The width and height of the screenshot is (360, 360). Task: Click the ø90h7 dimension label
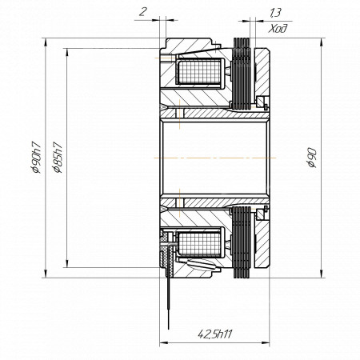(x=36, y=158)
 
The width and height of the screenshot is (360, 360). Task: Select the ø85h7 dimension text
(x=58, y=158)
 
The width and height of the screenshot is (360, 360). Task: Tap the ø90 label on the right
(x=312, y=158)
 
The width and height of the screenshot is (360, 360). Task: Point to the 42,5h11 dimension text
(x=215, y=334)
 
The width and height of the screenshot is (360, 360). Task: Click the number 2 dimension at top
(x=143, y=12)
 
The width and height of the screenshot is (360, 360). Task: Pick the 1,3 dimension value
(x=275, y=12)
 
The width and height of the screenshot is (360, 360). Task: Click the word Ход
(x=278, y=28)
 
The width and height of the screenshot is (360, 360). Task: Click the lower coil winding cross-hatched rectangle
(x=199, y=243)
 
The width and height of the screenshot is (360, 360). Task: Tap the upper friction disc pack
(x=242, y=74)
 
